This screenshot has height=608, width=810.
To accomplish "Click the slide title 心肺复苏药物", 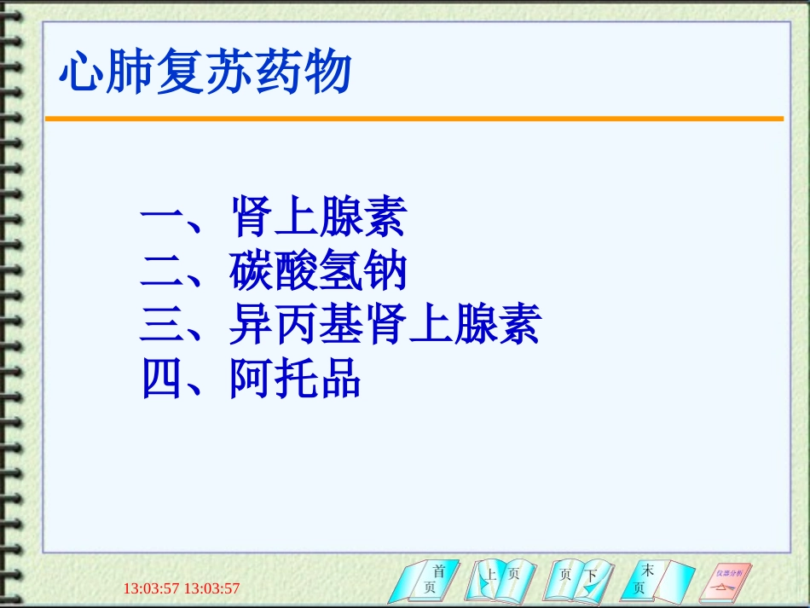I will pyautogui.click(x=205, y=72).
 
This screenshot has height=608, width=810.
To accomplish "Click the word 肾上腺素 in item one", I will pyautogui.click(x=317, y=217).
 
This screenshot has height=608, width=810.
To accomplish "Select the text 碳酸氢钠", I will pyautogui.click(x=317, y=271).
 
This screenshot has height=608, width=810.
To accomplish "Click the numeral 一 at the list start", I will pyautogui.click(x=161, y=218).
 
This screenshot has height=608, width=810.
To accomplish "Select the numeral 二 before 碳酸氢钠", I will pyautogui.click(x=161, y=272).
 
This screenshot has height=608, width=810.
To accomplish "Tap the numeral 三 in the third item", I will pyautogui.click(x=161, y=326).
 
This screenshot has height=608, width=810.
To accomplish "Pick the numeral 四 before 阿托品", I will pyautogui.click(x=161, y=379).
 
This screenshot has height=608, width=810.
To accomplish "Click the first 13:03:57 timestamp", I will pyautogui.click(x=152, y=588).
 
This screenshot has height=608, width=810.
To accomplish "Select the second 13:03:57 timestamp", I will pyautogui.click(x=212, y=588).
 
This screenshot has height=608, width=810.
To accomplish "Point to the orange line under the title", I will pyautogui.click(x=414, y=119).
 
